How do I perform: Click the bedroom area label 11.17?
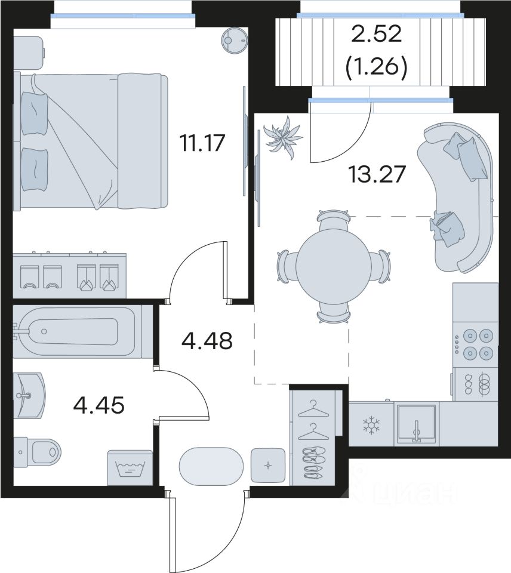202,143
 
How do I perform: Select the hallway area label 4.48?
207,341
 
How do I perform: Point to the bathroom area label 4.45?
98,405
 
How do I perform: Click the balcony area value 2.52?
377,34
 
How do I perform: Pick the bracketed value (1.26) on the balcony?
377,67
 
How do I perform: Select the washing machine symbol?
130,468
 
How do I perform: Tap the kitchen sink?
416,424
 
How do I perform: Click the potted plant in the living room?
284,138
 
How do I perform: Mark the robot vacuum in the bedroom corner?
235,39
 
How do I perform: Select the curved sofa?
456,197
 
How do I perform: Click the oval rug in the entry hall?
211,466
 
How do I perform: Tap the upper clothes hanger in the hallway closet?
313,409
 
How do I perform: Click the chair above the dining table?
333,220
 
